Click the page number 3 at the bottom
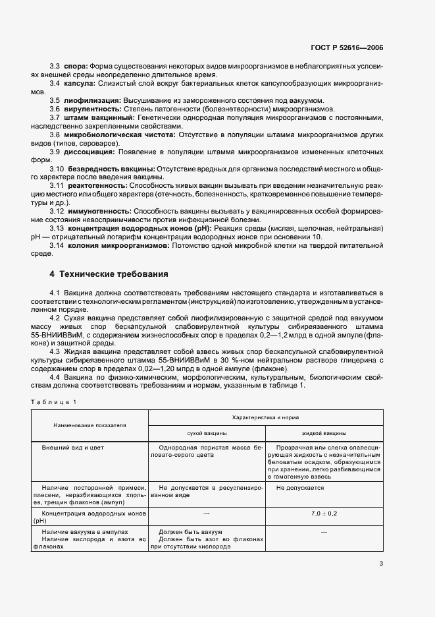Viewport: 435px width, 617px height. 381,564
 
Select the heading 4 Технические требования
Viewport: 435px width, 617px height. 109,274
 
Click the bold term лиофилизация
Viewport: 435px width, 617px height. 88,100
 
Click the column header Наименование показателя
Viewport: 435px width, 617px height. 89,426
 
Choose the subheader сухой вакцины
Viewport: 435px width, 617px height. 207,434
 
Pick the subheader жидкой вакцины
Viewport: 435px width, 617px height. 324,434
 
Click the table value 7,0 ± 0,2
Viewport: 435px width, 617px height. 324,512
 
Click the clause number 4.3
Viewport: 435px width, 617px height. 55,351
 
